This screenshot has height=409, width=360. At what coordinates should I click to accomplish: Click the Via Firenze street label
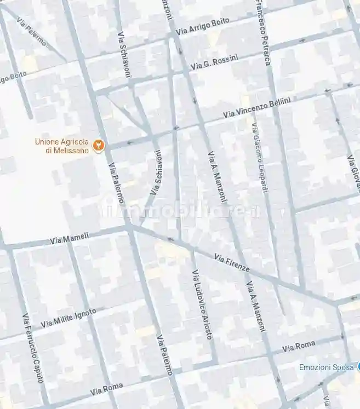(x=232, y=263)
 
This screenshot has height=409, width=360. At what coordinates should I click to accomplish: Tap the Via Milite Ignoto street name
(x=68, y=318)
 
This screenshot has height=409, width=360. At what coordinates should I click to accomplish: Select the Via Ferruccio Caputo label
(x=32, y=350)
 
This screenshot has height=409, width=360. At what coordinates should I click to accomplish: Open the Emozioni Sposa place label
(x=326, y=367)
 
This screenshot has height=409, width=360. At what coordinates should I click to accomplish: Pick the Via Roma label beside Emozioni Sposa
(x=299, y=346)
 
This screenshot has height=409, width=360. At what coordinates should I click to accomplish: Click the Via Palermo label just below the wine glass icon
(x=116, y=183)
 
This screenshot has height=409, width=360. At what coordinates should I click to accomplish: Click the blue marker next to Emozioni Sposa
(x=358, y=367)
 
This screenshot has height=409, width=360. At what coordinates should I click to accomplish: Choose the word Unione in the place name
(x=46, y=141)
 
